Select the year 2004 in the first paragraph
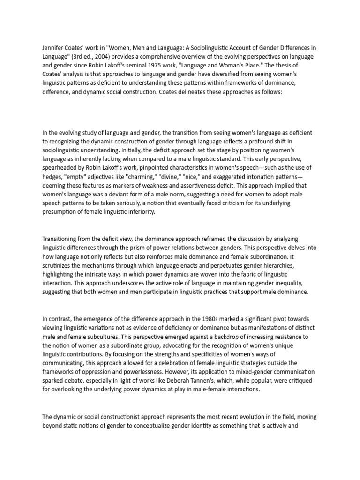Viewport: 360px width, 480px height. [106, 57]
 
